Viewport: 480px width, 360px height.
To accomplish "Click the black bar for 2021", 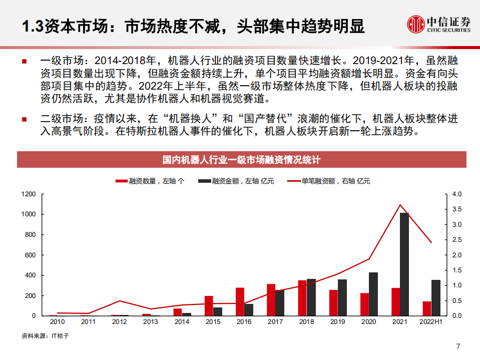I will tap(404, 264).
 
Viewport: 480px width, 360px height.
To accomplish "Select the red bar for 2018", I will tap(302, 298).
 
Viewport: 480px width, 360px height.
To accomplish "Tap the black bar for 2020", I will tap(373, 294).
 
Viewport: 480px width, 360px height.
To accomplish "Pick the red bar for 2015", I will tap(209, 306).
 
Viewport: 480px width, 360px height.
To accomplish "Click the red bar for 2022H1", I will tap(427, 308).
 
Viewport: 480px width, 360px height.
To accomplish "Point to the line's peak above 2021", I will tap(399, 205).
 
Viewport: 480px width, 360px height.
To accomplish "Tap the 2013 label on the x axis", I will tap(150, 322).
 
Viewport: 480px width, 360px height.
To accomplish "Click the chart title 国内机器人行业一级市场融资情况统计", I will tap(241, 160).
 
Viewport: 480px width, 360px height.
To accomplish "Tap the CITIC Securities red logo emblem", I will tap(415, 23).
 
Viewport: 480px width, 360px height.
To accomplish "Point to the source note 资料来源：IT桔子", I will tap(45, 336).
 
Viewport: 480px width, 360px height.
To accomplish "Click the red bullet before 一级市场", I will tap(24, 62).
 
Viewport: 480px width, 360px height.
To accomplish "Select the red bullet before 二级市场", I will tap(24, 120).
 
